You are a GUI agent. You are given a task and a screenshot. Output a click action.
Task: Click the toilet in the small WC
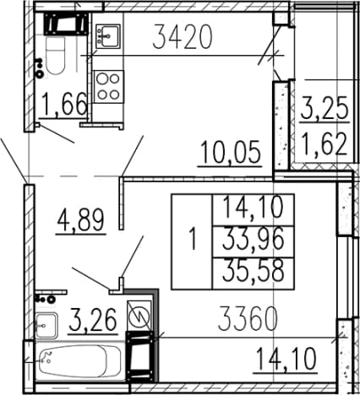tap(56, 54)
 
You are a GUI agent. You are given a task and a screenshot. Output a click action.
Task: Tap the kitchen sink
tap(108, 35)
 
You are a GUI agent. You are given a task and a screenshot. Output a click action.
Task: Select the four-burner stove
tap(108, 87)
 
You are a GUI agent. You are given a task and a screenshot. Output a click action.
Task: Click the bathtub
tap(79, 360)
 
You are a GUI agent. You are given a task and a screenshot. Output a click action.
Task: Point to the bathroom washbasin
tap(46, 326)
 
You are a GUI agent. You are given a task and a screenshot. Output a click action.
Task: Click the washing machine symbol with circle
tap(139, 317)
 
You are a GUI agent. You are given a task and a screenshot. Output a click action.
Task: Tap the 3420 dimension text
tap(182, 37)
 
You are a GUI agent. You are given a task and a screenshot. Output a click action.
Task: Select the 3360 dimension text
tap(248, 319)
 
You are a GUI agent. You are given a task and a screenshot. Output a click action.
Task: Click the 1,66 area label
tap(64, 105)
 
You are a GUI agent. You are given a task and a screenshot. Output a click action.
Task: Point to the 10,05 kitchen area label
tap(231, 153)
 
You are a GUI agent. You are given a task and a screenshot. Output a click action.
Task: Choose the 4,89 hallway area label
tap(81, 220)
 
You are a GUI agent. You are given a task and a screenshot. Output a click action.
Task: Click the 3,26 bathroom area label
tap(93, 320)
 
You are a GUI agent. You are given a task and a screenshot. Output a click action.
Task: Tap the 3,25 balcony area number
tap(325, 108)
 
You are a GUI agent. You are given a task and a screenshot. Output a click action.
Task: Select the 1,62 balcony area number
tap(324, 143)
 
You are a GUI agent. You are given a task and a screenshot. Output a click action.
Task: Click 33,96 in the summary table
tap(253, 240)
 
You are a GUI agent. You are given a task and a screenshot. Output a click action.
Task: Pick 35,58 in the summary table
tap(253, 270)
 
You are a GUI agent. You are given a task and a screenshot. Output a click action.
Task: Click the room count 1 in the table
tap(193, 239)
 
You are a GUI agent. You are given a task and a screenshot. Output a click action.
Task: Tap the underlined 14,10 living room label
tap(286, 359)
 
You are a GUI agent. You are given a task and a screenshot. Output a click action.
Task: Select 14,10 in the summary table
tap(253, 208)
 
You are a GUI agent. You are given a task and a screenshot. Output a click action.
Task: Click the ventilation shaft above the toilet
tap(66, 24)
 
